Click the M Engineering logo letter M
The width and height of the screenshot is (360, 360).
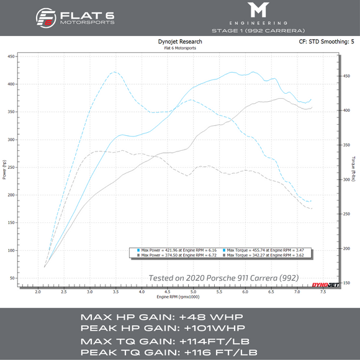point(257,11)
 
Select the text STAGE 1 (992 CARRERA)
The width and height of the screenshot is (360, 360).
point(257,30)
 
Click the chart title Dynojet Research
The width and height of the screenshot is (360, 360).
point(180,42)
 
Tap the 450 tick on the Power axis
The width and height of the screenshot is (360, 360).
point(12,56)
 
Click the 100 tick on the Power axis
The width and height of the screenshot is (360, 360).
point(12,250)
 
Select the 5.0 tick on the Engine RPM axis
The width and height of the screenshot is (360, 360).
point(194,291)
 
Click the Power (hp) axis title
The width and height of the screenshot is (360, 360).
point(4,168)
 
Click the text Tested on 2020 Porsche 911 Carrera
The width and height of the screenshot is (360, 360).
point(223,277)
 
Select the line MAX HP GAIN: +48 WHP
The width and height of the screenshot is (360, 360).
point(146,317)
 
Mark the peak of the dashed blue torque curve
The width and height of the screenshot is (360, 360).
point(114,72)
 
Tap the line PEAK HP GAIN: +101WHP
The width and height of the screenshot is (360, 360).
point(149,328)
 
